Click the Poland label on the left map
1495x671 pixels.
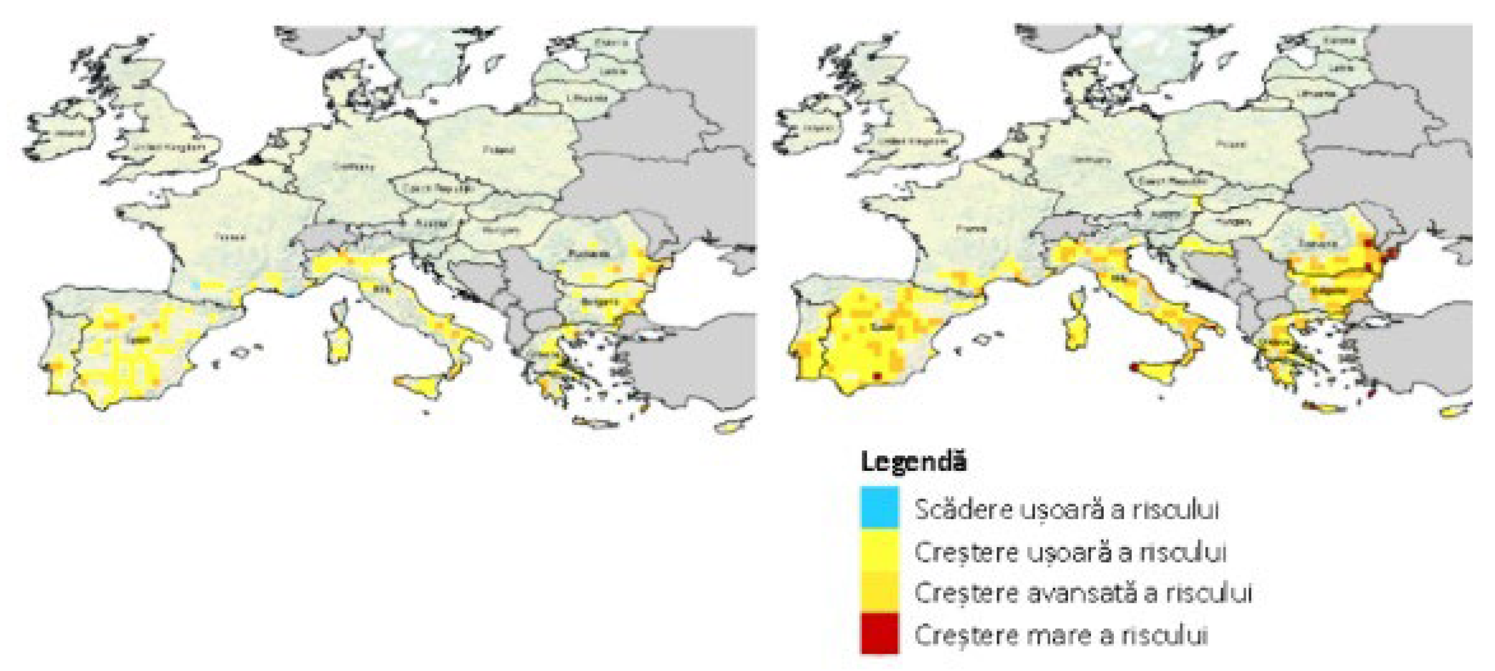[499, 150]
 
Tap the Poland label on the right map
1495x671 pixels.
[1230, 144]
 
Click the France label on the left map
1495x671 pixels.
[230, 236]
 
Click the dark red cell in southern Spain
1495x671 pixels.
[877, 377]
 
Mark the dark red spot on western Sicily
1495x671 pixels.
[1133, 367]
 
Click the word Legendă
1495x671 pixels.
[914, 463]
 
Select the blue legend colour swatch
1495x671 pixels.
[880, 507]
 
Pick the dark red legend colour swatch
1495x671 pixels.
[880, 634]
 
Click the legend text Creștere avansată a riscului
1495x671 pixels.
[1083, 593]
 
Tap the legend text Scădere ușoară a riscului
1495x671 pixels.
[1066, 509]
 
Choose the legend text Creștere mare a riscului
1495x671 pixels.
[1061, 634]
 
